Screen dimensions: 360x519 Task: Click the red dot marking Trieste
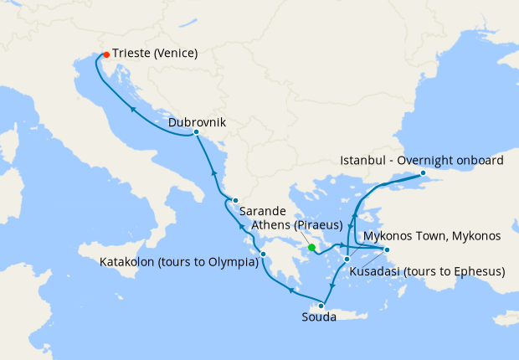[x=105, y=55]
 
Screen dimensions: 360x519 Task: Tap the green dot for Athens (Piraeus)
[x=311, y=247]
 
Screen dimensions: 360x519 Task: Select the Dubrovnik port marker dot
[x=196, y=132]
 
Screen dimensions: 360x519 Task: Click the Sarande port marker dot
[x=236, y=200]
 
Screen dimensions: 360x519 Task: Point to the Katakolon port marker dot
[x=263, y=255]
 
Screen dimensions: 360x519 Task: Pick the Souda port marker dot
[x=321, y=306]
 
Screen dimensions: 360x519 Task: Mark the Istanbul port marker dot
[x=423, y=173]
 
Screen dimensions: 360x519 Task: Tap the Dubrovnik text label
[x=197, y=121]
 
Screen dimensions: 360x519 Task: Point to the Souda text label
[x=319, y=317]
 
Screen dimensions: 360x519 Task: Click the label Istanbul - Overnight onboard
[x=423, y=160]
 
